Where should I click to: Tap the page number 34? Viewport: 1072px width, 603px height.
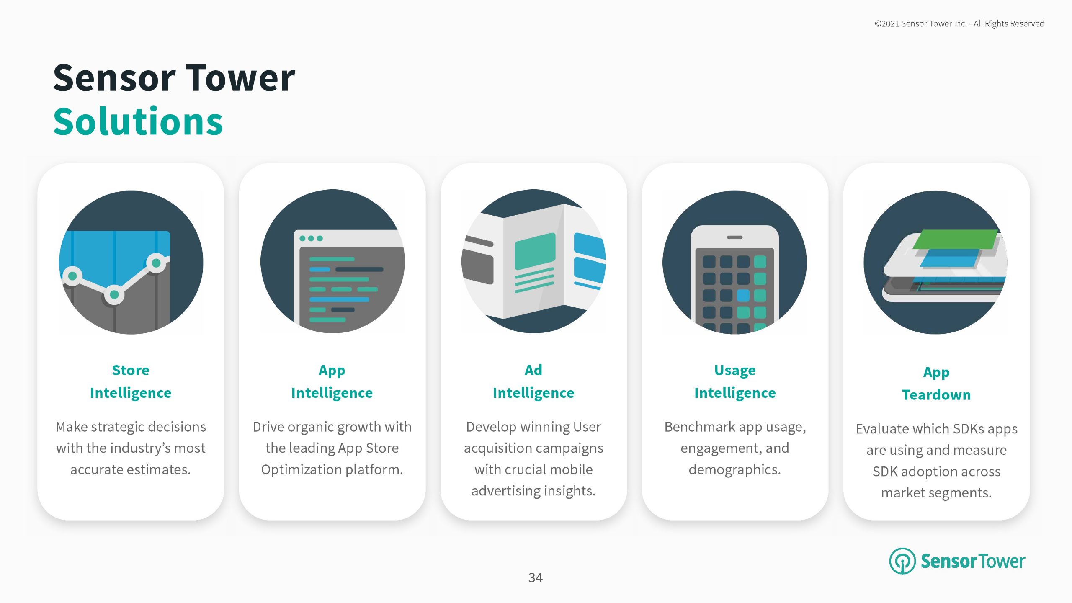pyautogui.click(x=536, y=578)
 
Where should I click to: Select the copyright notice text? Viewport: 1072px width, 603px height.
pyautogui.click(x=959, y=24)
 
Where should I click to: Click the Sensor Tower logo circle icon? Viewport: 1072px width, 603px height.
pyautogui.click(x=902, y=561)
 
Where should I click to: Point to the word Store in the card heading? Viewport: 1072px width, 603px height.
pyautogui.click(x=131, y=370)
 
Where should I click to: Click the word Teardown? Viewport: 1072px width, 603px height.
pyautogui.click(x=936, y=395)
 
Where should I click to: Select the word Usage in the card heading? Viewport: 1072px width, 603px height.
pyautogui.click(x=735, y=371)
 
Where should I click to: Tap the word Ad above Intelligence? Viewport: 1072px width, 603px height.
pyautogui.click(x=533, y=370)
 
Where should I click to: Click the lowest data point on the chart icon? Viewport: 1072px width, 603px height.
pyautogui.click(x=114, y=295)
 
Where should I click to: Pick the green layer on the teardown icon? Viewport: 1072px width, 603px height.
pyautogui.click(x=955, y=239)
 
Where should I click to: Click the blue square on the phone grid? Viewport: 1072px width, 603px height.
pyautogui.click(x=743, y=295)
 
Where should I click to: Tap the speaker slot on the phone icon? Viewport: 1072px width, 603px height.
pyautogui.click(x=734, y=237)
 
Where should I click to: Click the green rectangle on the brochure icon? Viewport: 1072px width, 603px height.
pyautogui.click(x=535, y=252)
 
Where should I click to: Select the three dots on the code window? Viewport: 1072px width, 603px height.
pyautogui.click(x=311, y=238)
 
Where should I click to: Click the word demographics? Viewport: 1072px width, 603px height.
pyautogui.click(x=735, y=470)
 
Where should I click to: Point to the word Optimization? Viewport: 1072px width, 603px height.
pyautogui.click(x=301, y=470)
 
